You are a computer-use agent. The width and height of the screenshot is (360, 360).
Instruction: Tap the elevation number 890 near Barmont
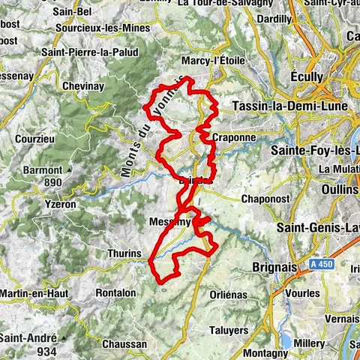[52, 182]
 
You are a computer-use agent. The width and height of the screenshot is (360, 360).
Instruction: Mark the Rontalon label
[115, 292]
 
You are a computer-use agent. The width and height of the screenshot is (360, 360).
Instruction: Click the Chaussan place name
[121, 343]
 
